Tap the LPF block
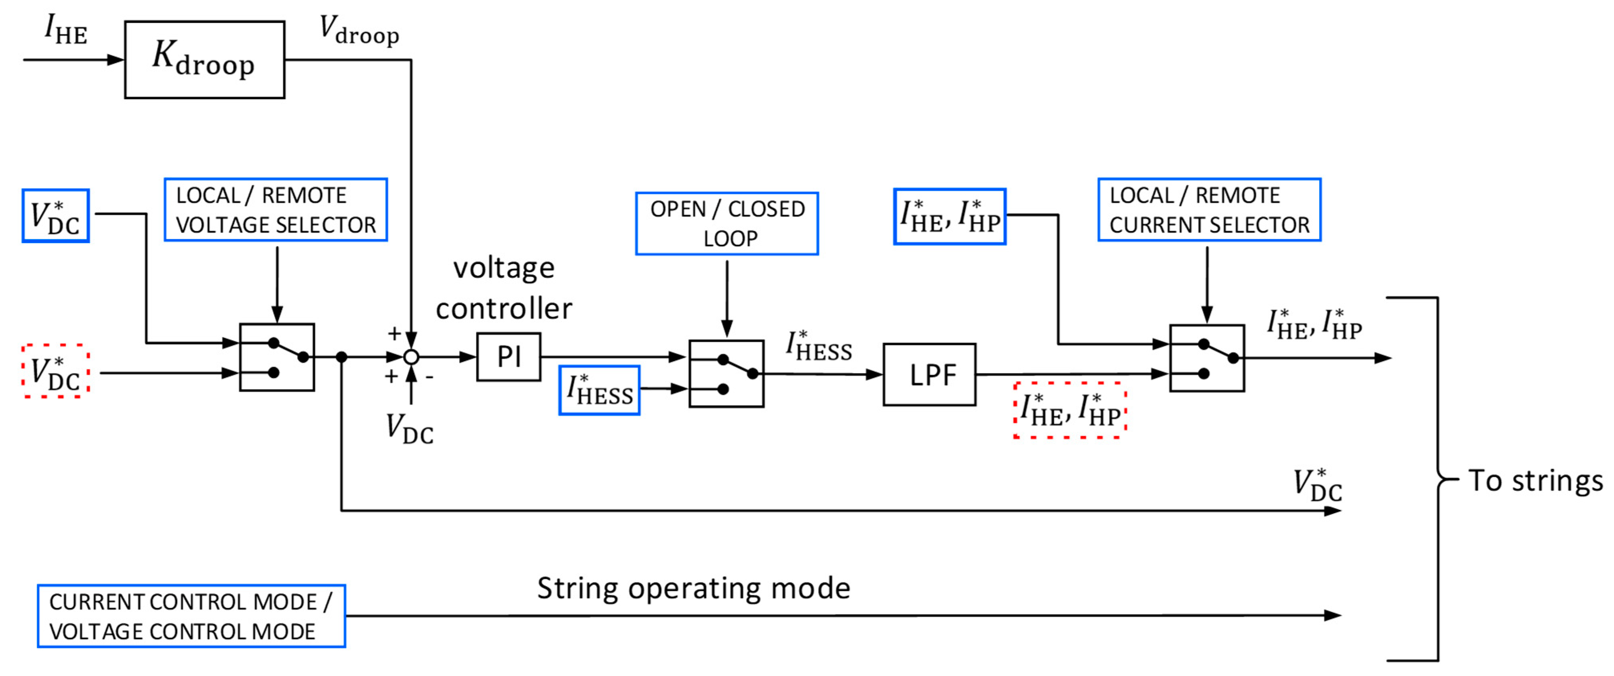point(929,374)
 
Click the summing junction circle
point(411,357)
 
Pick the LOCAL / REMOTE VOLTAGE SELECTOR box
point(276,209)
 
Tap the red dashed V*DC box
point(55,371)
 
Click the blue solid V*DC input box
point(55,216)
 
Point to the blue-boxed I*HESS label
point(599,390)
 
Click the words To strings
point(1535,481)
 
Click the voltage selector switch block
point(276,357)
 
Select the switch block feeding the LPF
point(726,374)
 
